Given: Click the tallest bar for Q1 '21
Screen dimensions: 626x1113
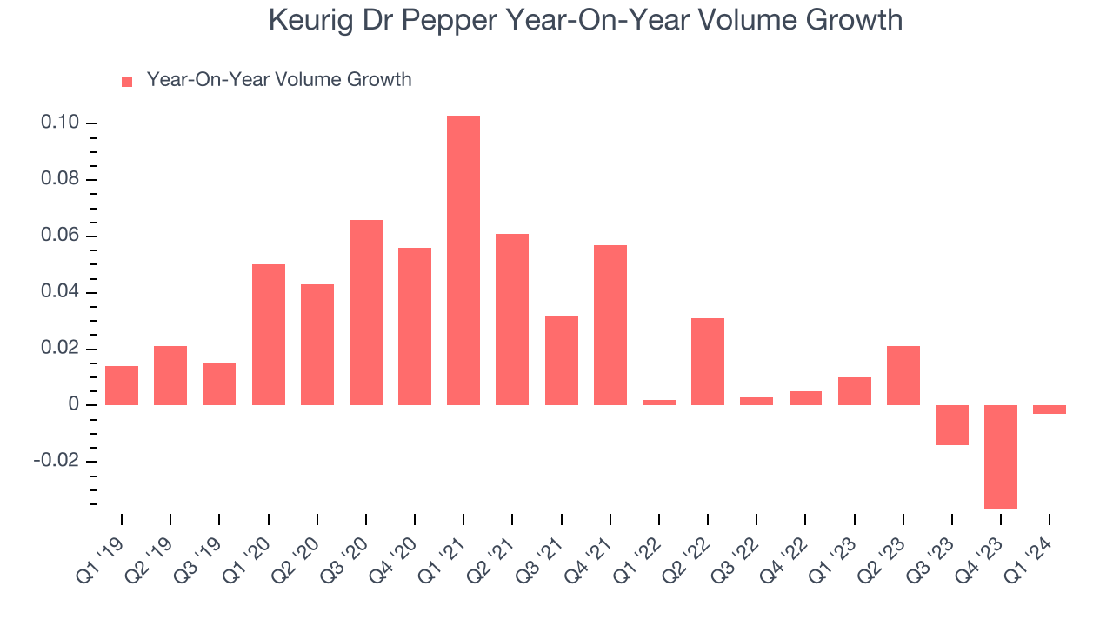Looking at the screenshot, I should pyautogui.click(x=463, y=260).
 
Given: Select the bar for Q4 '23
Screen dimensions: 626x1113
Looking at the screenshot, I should pyautogui.click(x=1001, y=456).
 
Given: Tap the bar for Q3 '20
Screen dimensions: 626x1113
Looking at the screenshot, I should pyautogui.click(x=366, y=312).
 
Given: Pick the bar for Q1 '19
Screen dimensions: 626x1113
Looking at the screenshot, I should pyautogui.click(x=122, y=385).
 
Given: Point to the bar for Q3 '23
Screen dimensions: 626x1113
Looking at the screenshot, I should pyautogui.click(x=952, y=425).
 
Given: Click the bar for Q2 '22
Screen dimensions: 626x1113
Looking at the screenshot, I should pyautogui.click(x=708, y=362).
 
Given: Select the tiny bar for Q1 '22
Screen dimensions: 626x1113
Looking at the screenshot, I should pyautogui.click(x=659, y=402).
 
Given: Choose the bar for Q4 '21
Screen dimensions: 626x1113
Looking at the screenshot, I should pyautogui.click(x=610, y=325).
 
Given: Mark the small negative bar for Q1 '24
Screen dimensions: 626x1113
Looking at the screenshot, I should pyautogui.click(x=1050, y=410).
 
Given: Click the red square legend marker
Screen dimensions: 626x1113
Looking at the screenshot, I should pyautogui.click(x=127, y=81).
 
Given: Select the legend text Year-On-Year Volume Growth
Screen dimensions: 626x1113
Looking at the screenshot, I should pyautogui.click(x=279, y=80).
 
